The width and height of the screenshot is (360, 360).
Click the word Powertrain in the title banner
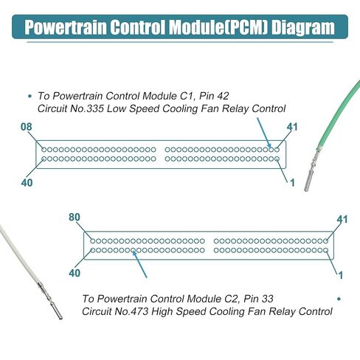(x=66, y=27)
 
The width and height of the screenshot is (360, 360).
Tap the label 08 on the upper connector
(x=27, y=127)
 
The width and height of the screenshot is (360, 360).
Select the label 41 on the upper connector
(x=292, y=127)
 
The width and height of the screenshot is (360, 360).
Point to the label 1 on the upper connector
(x=292, y=183)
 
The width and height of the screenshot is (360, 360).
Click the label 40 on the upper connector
(x=27, y=183)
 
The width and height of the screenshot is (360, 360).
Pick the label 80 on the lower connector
(x=75, y=218)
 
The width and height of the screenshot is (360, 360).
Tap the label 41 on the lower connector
(x=342, y=219)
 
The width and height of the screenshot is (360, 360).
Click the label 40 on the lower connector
(x=75, y=273)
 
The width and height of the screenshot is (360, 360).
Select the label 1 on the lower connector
(x=341, y=275)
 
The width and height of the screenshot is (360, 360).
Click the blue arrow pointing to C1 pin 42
(x=264, y=133)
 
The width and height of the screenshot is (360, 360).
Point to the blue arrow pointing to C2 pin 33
(x=139, y=264)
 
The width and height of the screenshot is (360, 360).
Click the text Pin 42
(x=214, y=96)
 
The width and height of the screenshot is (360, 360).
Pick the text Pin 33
(x=258, y=299)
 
